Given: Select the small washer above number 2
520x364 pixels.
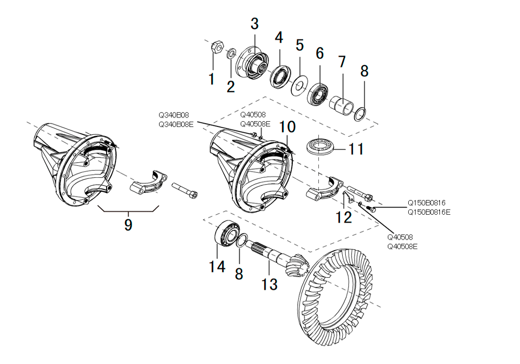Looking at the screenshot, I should click(x=231, y=54).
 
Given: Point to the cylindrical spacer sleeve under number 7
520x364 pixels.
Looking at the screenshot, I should click(x=341, y=105).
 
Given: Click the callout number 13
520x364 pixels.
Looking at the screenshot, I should click(x=270, y=284).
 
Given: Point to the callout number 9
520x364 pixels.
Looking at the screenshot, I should click(x=128, y=225).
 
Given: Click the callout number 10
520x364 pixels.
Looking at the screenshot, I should click(x=287, y=127).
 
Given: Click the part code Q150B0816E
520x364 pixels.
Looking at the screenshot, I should click(x=430, y=212).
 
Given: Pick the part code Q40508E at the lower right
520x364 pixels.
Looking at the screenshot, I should click(x=402, y=246).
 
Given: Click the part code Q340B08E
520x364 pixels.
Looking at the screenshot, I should click(x=176, y=124).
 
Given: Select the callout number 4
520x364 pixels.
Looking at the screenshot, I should click(x=279, y=37).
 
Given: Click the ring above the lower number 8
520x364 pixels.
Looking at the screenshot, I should click(x=242, y=241).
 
